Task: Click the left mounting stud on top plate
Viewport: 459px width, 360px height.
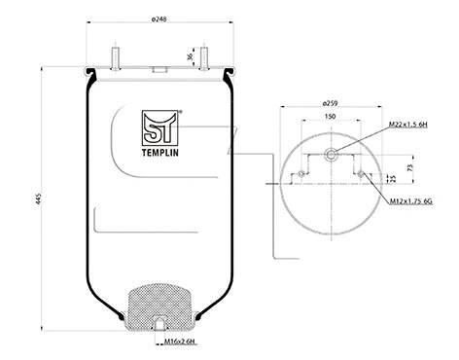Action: tap(116, 57)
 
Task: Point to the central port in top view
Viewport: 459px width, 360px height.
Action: tap(331, 152)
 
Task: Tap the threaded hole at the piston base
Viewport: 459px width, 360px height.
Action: tap(159, 322)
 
